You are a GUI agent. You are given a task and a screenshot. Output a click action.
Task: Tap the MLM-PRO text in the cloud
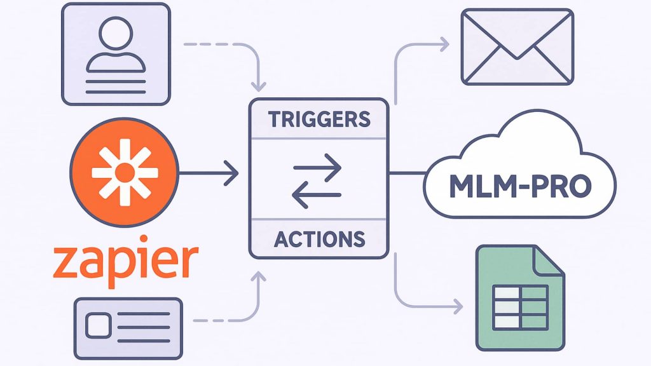[x=520, y=186]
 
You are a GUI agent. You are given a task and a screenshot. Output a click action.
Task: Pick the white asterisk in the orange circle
[x=125, y=172]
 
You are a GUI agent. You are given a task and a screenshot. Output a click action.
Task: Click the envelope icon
[x=517, y=48]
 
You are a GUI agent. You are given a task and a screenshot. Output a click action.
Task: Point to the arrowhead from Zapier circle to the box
[x=233, y=173]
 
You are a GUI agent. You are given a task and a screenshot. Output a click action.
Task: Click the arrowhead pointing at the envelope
[x=444, y=44]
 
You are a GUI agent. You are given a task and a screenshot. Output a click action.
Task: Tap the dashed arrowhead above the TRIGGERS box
[x=259, y=85]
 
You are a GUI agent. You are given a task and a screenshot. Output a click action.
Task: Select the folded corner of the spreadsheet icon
[x=550, y=259]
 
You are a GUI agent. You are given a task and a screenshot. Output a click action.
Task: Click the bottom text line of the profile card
[x=116, y=91]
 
